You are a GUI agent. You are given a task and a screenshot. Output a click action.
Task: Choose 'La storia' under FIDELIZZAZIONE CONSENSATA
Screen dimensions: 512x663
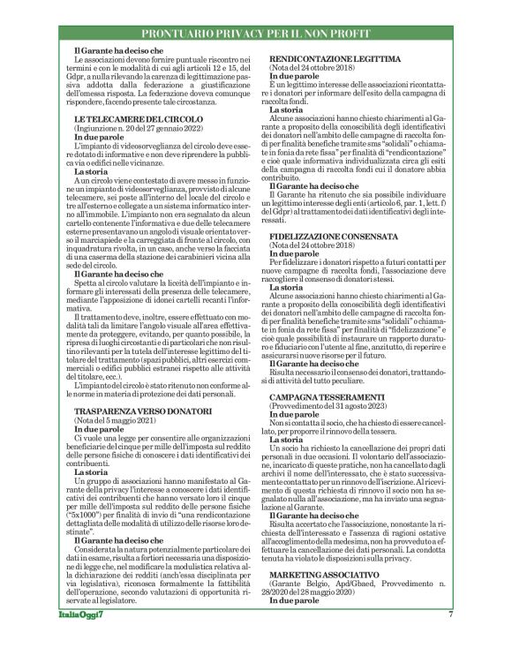[x=287, y=287]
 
